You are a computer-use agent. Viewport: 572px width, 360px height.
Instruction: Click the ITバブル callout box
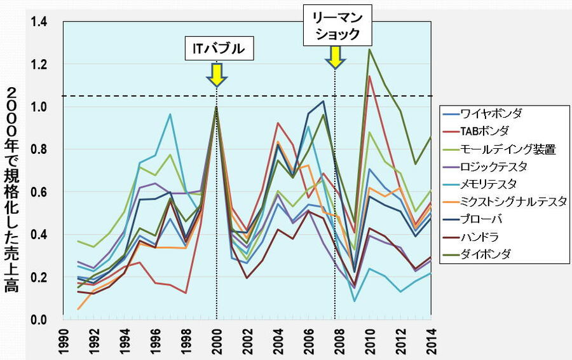point(219,48)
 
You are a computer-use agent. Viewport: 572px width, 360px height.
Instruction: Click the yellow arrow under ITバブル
point(217,74)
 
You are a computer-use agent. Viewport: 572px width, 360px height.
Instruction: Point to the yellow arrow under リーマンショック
point(335,57)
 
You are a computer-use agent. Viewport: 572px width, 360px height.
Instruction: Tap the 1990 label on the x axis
point(65,341)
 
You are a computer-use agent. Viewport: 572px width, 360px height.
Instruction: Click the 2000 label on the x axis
point(218,341)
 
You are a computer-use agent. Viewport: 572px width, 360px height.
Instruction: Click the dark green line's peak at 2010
point(369,50)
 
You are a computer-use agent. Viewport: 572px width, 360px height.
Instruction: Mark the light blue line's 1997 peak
point(170,114)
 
